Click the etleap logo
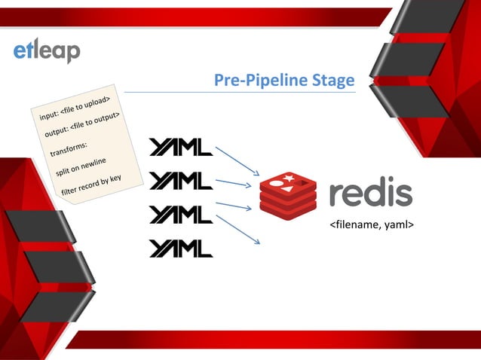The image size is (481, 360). coord(47,50)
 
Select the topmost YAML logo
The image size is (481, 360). coord(181,148)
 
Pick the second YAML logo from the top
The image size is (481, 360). coord(181,181)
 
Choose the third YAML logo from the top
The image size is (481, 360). coord(181,215)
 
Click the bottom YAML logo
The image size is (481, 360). coord(181,249)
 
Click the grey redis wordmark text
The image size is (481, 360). coord(370,193)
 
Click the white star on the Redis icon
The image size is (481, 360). coord(289,179)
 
